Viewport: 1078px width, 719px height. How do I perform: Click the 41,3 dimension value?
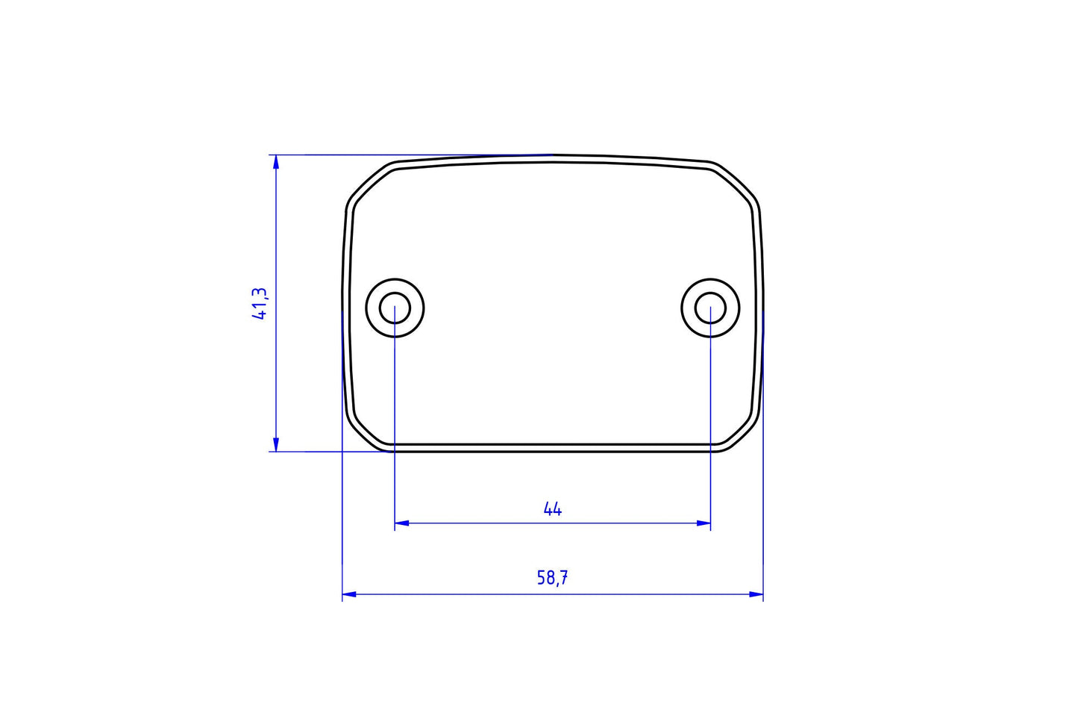[260, 304]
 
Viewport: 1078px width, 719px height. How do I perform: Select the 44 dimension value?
[552, 509]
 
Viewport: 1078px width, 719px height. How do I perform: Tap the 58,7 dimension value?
[552, 578]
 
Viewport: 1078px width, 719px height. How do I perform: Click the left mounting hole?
[395, 308]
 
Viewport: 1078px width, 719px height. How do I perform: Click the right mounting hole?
[710, 308]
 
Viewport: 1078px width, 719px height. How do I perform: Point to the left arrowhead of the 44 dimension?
[401, 523]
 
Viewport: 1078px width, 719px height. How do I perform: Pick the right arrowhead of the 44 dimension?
[704, 523]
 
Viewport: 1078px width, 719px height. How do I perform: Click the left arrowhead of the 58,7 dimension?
[348, 594]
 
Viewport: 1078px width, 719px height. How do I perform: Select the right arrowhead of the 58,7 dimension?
[756, 594]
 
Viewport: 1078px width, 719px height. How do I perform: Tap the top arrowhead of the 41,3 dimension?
[276, 161]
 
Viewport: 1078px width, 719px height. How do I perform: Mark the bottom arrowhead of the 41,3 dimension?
[276, 445]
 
